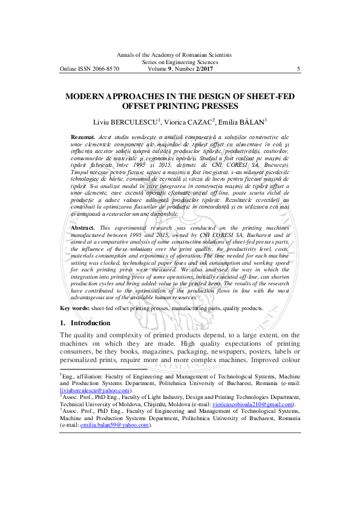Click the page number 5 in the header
(299, 69)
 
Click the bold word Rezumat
(83, 138)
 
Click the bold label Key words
(74, 308)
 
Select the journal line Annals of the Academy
(180, 54)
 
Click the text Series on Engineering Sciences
(180, 62)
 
